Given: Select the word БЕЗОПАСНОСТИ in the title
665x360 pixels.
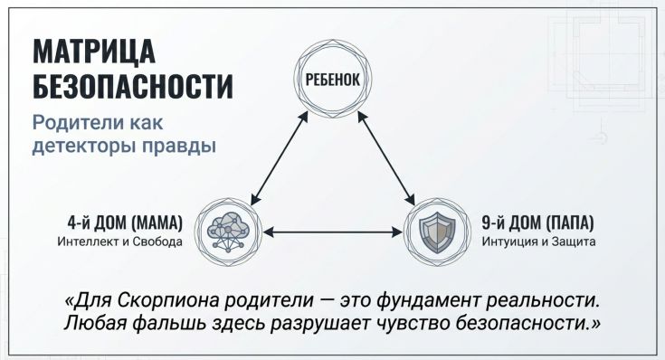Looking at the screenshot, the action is pos(132,87).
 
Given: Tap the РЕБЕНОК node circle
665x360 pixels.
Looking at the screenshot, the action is pos(329,79).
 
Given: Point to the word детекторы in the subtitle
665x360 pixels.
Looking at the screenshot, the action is pos(86,145).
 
